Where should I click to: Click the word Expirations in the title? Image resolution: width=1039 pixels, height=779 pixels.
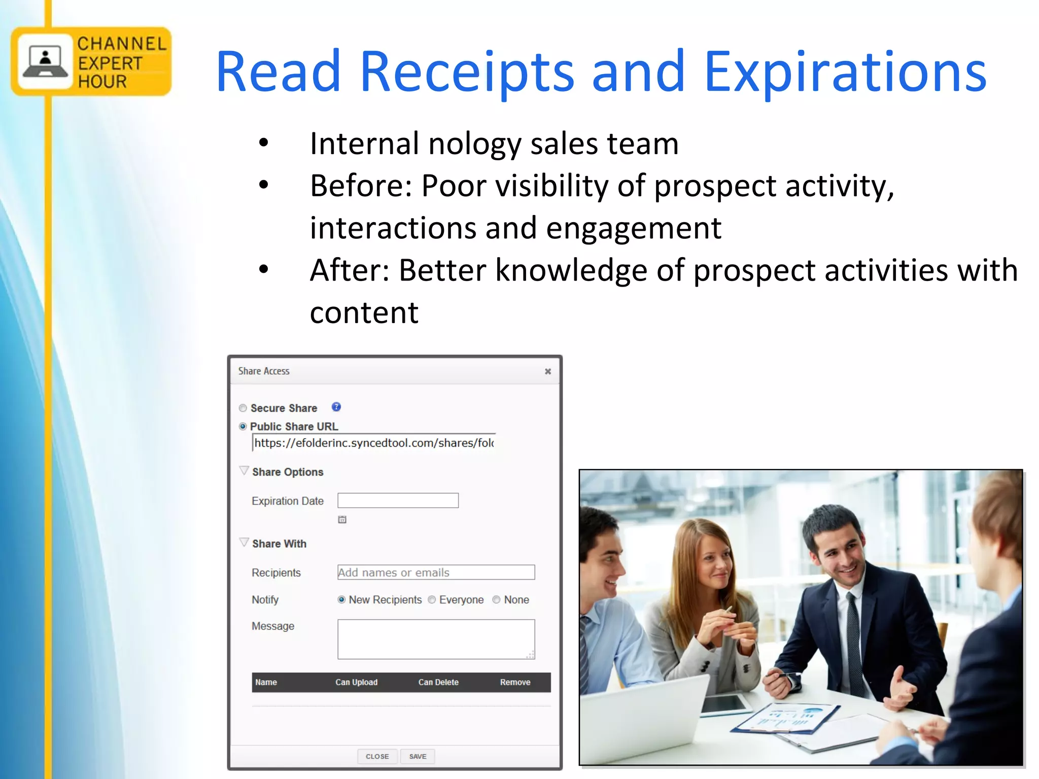tap(845, 72)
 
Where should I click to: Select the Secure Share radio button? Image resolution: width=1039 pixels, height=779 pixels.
tap(243, 408)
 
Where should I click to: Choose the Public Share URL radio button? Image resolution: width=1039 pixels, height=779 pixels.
tap(243, 427)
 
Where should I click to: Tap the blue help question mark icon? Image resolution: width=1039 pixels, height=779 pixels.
tap(336, 407)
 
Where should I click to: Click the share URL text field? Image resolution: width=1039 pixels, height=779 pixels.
tap(373, 443)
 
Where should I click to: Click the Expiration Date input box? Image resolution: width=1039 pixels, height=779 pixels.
tap(398, 501)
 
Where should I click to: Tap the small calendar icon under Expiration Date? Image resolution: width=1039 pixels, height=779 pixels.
tap(342, 519)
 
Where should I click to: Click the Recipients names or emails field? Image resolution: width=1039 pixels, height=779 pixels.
tap(436, 573)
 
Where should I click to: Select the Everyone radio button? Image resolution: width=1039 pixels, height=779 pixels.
tap(432, 600)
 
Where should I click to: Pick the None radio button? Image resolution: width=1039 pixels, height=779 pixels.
tap(497, 600)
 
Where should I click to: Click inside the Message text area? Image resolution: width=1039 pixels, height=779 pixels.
tap(436, 639)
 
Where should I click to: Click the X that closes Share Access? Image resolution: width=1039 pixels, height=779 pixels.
tap(548, 371)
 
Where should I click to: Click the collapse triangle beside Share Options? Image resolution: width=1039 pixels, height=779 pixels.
tap(244, 471)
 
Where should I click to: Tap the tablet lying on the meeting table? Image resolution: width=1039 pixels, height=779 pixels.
tap(725, 704)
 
